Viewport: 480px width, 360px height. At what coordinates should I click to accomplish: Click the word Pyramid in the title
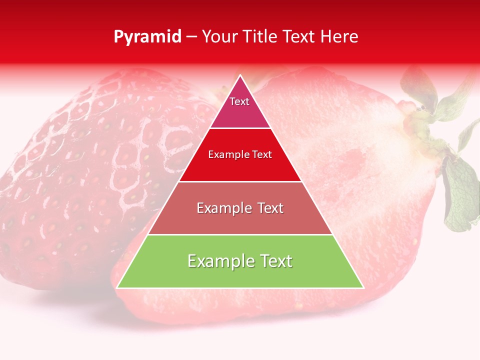(x=147, y=37)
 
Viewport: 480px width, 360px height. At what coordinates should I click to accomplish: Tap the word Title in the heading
(x=262, y=37)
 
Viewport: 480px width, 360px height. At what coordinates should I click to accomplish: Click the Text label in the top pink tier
(x=239, y=101)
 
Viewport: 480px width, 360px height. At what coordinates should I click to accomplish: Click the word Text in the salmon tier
(x=270, y=208)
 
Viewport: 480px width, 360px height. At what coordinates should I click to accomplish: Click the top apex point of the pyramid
(x=240, y=75)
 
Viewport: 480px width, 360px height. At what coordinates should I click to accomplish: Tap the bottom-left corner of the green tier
(x=117, y=287)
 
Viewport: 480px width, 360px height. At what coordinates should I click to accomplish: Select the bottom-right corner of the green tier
(x=363, y=287)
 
